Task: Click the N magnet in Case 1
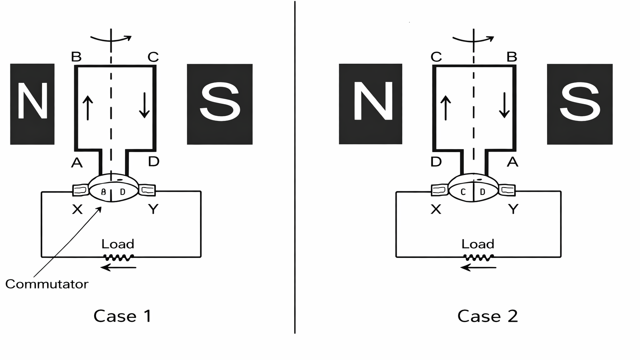click(x=32, y=104)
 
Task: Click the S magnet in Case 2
click(x=579, y=104)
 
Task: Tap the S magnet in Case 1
click(x=220, y=104)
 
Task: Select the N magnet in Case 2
click(x=370, y=104)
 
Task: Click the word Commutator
click(x=47, y=284)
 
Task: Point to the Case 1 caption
click(x=122, y=316)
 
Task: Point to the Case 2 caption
click(x=487, y=316)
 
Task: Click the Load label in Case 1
click(x=118, y=244)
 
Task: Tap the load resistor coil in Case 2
click(x=478, y=257)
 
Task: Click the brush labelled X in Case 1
click(x=80, y=190)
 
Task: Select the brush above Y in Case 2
click(x=507, y=190)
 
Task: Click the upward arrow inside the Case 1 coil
click(x=87, y=107)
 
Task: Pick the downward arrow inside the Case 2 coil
click(x=504, y=105)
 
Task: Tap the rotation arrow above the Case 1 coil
click(x=111, y=39)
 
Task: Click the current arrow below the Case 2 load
click(x=478, y=267)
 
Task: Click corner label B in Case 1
click(x=76, y=57)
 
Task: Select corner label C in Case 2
click(x=436, y=57)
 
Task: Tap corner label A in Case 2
click(x=512, y=162)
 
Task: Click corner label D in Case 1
click(x=154, y=162)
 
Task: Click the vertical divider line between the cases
click(x=295, y=167)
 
